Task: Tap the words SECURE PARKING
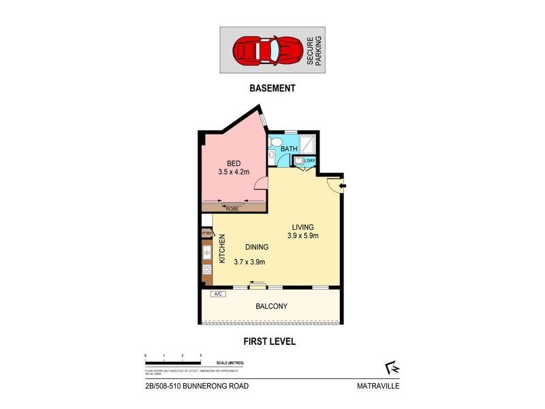point(314,50)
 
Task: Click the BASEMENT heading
point(272,88)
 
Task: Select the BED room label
point(234,163)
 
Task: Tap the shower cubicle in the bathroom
point(309,144)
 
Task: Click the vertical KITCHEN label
point(222,249)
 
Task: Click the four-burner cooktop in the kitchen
point(207,271)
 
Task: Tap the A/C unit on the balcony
point(219,294)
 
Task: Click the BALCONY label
point(271,307)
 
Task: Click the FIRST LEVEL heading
point(271,342)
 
